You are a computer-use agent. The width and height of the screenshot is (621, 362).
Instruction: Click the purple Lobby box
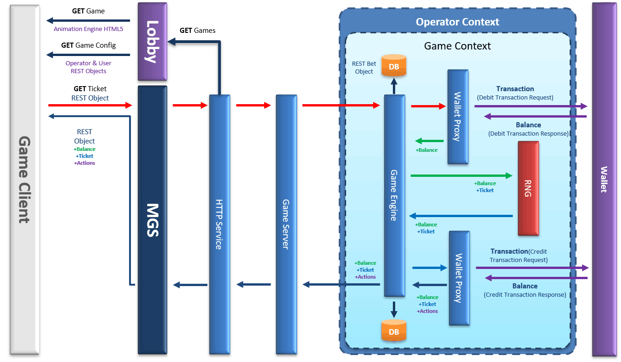click(152, 41)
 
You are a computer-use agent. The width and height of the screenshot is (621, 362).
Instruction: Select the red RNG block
click(528, 188)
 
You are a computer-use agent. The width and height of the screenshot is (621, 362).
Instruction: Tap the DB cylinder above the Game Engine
click(393, 66)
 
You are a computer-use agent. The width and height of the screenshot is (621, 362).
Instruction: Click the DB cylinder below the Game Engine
click(393, 331)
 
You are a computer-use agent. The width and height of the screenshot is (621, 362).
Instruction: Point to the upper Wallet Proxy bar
click(458, 117)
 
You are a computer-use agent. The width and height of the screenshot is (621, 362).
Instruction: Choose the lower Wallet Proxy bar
click(459, 278)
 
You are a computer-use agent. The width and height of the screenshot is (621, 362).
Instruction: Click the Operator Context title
click(457, 22)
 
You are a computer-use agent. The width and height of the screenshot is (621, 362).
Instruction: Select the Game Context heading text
click(457, 46)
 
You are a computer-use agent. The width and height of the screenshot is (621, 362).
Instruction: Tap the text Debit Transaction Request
click(515, 98)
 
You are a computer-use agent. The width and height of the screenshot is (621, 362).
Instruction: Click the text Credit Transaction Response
click(525, 295)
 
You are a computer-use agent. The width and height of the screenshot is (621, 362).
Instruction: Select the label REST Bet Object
click(364, 68)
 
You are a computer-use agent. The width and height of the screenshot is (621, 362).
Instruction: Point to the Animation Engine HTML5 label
click(88, 29)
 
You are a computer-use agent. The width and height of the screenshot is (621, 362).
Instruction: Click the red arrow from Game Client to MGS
click(90, 106)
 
